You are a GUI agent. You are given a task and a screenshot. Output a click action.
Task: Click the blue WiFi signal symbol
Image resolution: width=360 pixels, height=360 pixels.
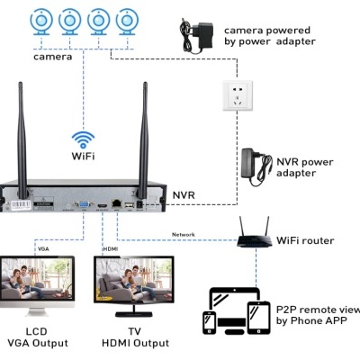pyautogui.click(x=84, y=139)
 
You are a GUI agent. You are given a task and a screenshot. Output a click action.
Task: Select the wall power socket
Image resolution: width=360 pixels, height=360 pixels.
pyautogui.click(x=238, y=93)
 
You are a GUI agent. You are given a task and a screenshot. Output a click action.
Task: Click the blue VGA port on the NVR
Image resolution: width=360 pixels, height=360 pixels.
pyautogui.click(x=82, y=205)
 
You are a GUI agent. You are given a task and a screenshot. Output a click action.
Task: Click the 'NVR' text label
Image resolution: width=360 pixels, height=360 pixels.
pyautogui.click(x=183, y=193)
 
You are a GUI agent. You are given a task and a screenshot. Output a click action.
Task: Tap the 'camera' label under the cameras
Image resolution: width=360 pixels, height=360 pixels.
pyautogui.click(x=53, y=57)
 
